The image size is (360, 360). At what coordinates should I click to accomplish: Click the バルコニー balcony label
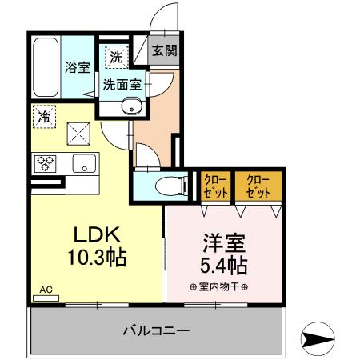[156, 330]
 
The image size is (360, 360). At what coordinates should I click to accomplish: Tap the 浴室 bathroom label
[78, 67]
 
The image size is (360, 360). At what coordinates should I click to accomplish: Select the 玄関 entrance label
[165, 50]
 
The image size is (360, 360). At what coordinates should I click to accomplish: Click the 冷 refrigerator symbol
[45, 117]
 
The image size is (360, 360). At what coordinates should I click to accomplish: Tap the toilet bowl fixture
[164, 186]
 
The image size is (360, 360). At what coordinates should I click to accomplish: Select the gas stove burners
[45, 164]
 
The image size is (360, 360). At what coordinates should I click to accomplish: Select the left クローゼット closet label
[214, 186]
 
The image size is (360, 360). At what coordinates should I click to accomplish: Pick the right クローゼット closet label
[256, 186]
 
